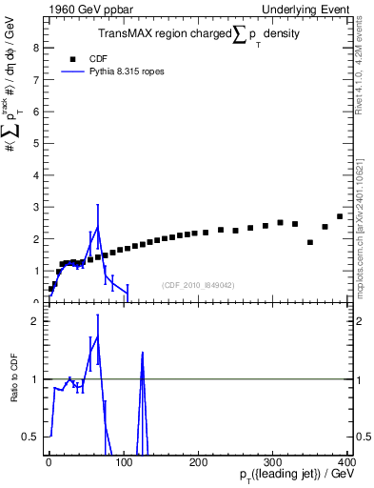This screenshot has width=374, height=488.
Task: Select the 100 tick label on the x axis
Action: coord(124,463)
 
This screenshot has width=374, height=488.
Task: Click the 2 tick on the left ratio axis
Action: coord(35,321)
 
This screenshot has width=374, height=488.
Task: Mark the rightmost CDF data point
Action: coord(340,216)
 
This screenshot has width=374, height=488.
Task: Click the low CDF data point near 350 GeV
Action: coord(310,242)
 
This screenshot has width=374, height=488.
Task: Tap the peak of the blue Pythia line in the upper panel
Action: coord(97,227)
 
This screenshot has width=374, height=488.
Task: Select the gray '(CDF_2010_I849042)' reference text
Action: coord(200,285)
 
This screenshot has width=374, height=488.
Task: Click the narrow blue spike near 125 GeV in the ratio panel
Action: coord(142,355)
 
